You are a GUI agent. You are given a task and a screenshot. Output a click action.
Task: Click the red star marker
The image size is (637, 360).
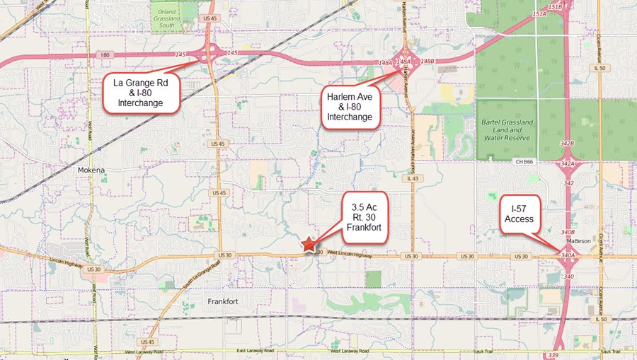[x=309, y=244]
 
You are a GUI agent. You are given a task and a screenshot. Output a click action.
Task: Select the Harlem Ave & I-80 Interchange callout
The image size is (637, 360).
[x=350, y=105]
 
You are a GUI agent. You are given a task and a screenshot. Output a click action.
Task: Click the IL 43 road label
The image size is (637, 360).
[x=413, y=178]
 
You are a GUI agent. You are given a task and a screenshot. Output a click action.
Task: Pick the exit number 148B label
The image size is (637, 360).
[x=427, y=62]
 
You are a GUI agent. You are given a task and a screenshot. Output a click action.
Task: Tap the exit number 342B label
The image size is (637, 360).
[x=568, y=144]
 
